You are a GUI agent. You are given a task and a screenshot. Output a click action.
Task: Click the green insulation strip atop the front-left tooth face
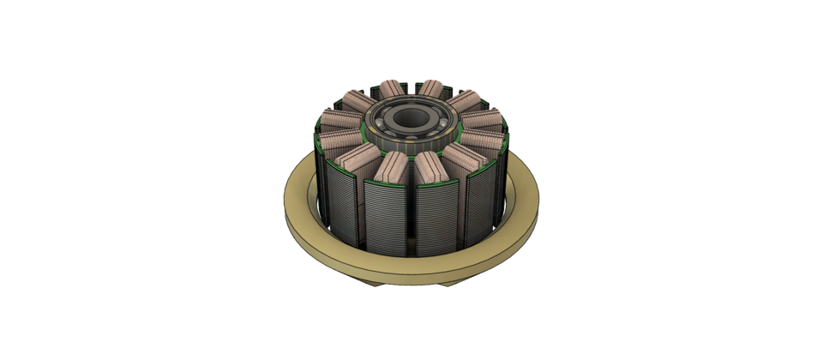click(386, 183)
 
